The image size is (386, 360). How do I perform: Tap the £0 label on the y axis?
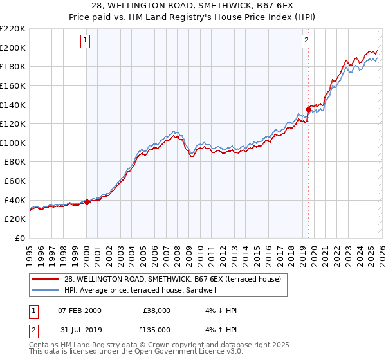coord(21,238)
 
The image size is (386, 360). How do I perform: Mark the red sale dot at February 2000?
coord(87,202)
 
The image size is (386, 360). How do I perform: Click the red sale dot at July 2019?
coord(308,110)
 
